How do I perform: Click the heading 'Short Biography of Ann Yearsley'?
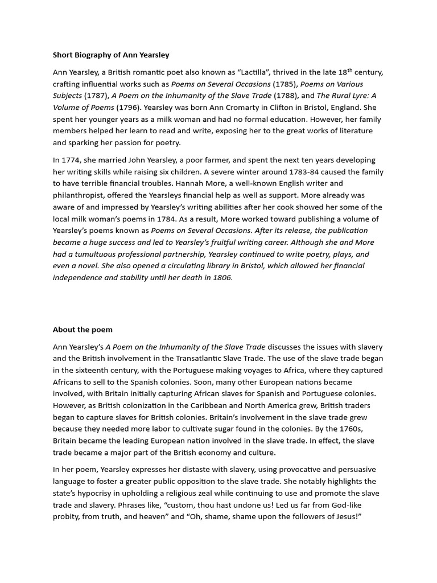(x=111, y=55)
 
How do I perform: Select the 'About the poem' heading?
(x=83, y=329)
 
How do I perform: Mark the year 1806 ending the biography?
(x=222, y=277)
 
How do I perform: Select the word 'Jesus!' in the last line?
(x=348, y=516)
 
